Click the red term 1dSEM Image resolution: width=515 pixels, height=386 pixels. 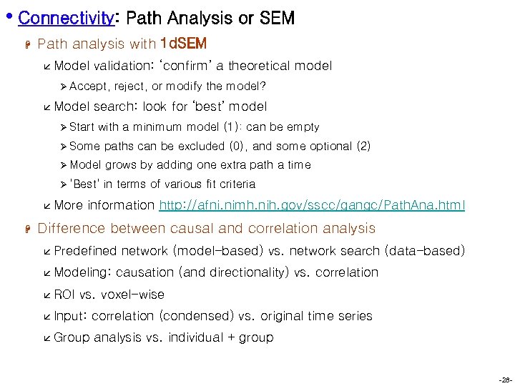coord(184,44)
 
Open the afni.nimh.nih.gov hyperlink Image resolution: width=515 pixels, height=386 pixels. coord(312,205)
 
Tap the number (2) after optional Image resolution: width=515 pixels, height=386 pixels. coord(363,146)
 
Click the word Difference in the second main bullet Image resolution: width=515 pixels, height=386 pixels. coord(70,229)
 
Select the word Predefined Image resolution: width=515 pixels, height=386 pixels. coord(86,251)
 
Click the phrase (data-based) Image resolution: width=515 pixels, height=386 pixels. coord(425,251)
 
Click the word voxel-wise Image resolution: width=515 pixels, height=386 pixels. coord(133,295)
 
